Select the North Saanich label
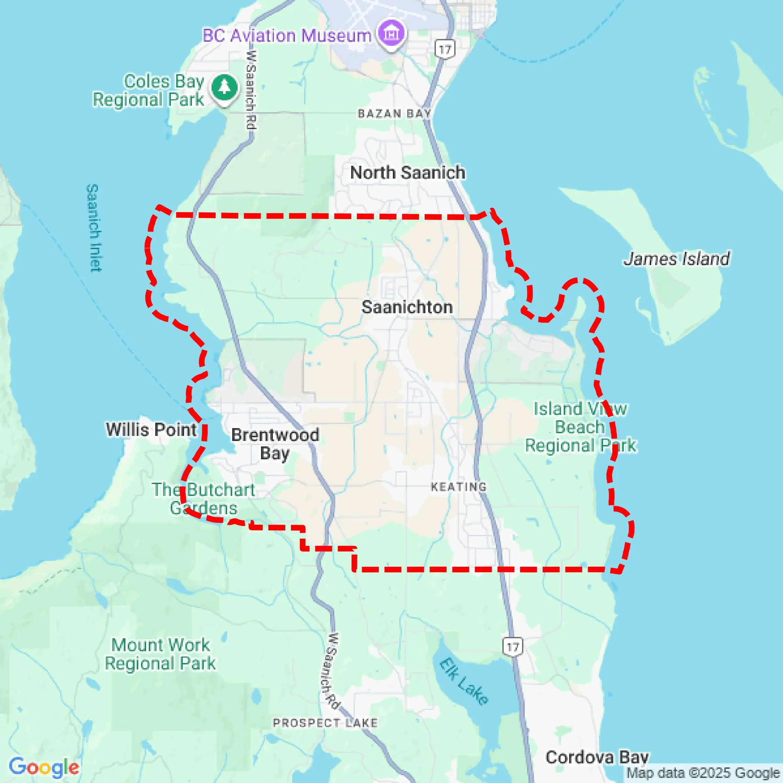tap(407, 173)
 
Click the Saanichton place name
tap(407, 307)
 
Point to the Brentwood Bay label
tap(275, 444)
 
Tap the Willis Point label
tap(151, 429)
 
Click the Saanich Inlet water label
tap(94, 228)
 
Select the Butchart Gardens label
tap(203, 499)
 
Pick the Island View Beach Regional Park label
tap(580, 427)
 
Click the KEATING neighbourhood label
tap(459, 487)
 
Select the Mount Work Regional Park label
tap(160, 655)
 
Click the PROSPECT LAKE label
tap(325, 723)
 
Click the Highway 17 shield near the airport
tap(445, 49)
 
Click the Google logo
tap(44, 767)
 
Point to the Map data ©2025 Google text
tap(704, 773)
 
